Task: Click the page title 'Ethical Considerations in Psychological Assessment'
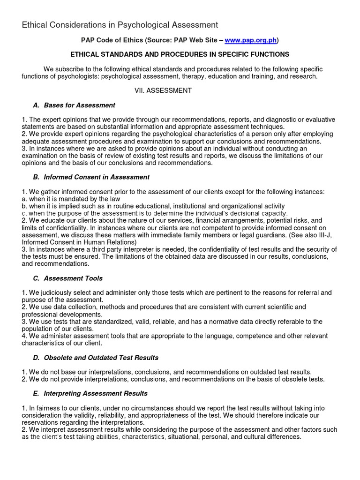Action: (120, 25)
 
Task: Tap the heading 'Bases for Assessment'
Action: (79, 105)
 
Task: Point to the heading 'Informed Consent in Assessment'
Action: (97, 177)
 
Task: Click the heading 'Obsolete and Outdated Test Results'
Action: (101, 358)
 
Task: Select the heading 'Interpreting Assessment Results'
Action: (96, 393)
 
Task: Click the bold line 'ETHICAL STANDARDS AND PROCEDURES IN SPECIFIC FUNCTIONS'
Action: (180, 54)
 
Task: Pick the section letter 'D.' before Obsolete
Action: (36, 358)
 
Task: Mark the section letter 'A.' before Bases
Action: (36, 105)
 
